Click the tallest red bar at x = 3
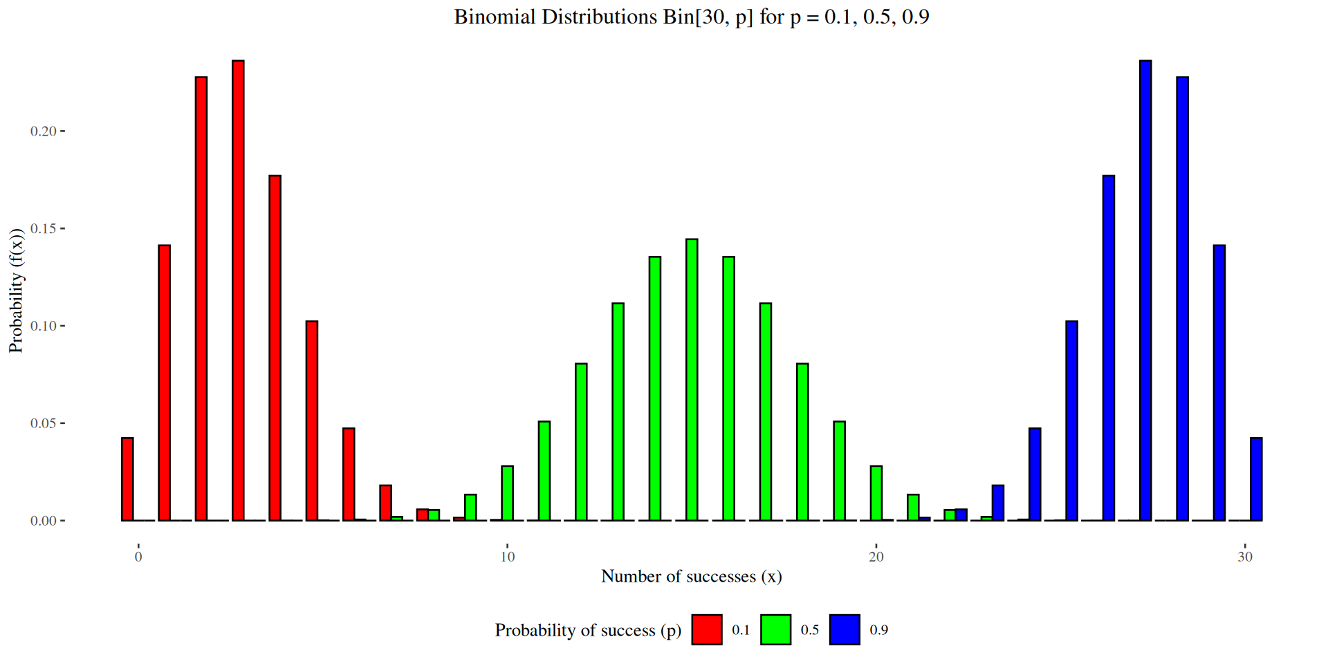(x=238, y=290)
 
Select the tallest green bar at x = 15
(x=692, y=380)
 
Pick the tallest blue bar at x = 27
(x=1145, y=290)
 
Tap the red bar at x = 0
(x=127, y=479)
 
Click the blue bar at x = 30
(x=1256, y=479)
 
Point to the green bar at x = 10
(x=508, y=493)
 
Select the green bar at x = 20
(x=876, y=493)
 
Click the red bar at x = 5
(x=312, y=421)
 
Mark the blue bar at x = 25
(x=1071, y=421)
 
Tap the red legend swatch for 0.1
(x=707, y=629)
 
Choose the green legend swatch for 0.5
(x=775, y=629)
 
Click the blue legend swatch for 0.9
(x=845, y=629)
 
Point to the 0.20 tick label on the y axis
(x=44, y=131)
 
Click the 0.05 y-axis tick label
(x=44, y=423)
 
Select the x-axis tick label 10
(x=508, y=557)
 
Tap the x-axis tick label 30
(x=1245, y=557)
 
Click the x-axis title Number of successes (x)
(x=692, y=576)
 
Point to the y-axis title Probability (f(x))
(x=16, y=290)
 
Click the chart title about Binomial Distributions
(x=692, y=17)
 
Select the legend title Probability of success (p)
(x=588, y=630)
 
